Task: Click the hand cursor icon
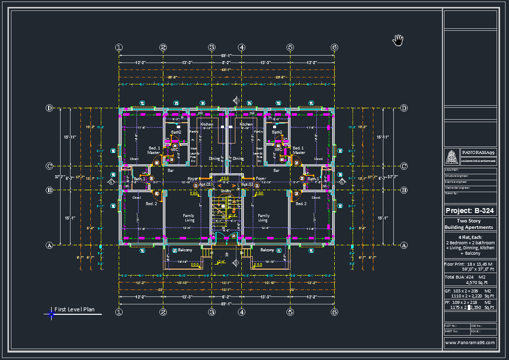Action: click(x=398, y=40)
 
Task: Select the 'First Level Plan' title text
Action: click(x=74, y=309)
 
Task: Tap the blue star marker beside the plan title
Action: click(x=51, y=313)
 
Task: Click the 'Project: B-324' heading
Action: click(x=470, y=211)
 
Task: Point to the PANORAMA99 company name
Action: click(x=478, y=152)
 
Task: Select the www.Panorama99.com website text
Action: click(x=470, y=343)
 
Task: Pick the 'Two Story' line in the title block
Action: click(x=470, y=221)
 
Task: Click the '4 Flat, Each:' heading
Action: click(x=470, y=237)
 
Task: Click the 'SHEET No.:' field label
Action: click(x=451, y=331)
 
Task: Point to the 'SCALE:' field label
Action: click(x=475, y=331)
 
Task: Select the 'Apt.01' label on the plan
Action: click(x=206, y=184)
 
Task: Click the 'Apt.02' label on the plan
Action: click(x=247, y=184)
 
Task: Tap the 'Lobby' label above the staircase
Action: click(x=225, y=191)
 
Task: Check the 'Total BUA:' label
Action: click(x=455, y=277)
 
